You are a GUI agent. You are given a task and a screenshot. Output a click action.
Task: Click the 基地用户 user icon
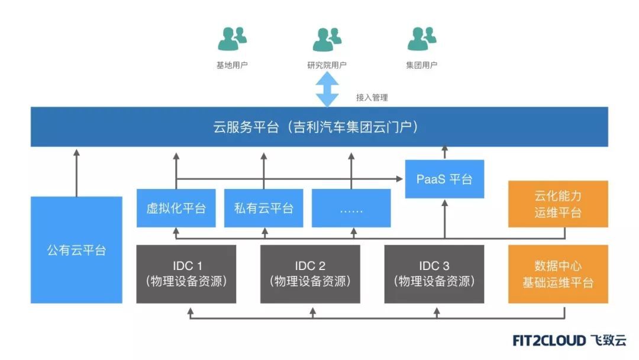coord(232,39)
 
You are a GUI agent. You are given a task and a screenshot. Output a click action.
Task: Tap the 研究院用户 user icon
coord(327,39)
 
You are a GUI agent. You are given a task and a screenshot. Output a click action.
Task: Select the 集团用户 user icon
coord(421,39)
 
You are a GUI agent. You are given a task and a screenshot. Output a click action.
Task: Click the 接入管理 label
coord(372,98)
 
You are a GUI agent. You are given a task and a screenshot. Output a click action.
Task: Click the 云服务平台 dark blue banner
coord(319,127)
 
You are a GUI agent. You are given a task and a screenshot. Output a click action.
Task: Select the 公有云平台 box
coord(76,250)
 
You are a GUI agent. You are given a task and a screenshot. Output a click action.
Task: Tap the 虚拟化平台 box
coord(176,208)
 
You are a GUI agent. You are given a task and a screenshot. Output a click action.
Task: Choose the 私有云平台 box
coord(263,208)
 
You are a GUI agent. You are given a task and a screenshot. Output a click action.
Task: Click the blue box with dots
coord(351,208)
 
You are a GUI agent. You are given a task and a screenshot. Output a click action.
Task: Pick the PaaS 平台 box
coord(444,179)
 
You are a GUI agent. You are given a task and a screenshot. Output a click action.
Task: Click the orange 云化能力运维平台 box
coord(557,204)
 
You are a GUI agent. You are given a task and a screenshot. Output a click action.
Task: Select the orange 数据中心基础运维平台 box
coord(557,274)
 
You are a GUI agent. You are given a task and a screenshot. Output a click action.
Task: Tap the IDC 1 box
coord(186,274)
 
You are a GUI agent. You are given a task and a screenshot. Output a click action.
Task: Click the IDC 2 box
coord(310,274)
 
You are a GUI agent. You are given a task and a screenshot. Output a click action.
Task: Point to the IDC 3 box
coord(434,274)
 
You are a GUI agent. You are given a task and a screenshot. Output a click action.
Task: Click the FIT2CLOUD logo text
coord(549,340)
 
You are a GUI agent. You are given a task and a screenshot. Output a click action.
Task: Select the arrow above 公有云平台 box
coord(76,172)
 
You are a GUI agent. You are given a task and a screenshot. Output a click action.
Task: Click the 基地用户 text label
coord(232,65)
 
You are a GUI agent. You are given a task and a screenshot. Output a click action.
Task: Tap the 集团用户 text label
coord(421,65)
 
